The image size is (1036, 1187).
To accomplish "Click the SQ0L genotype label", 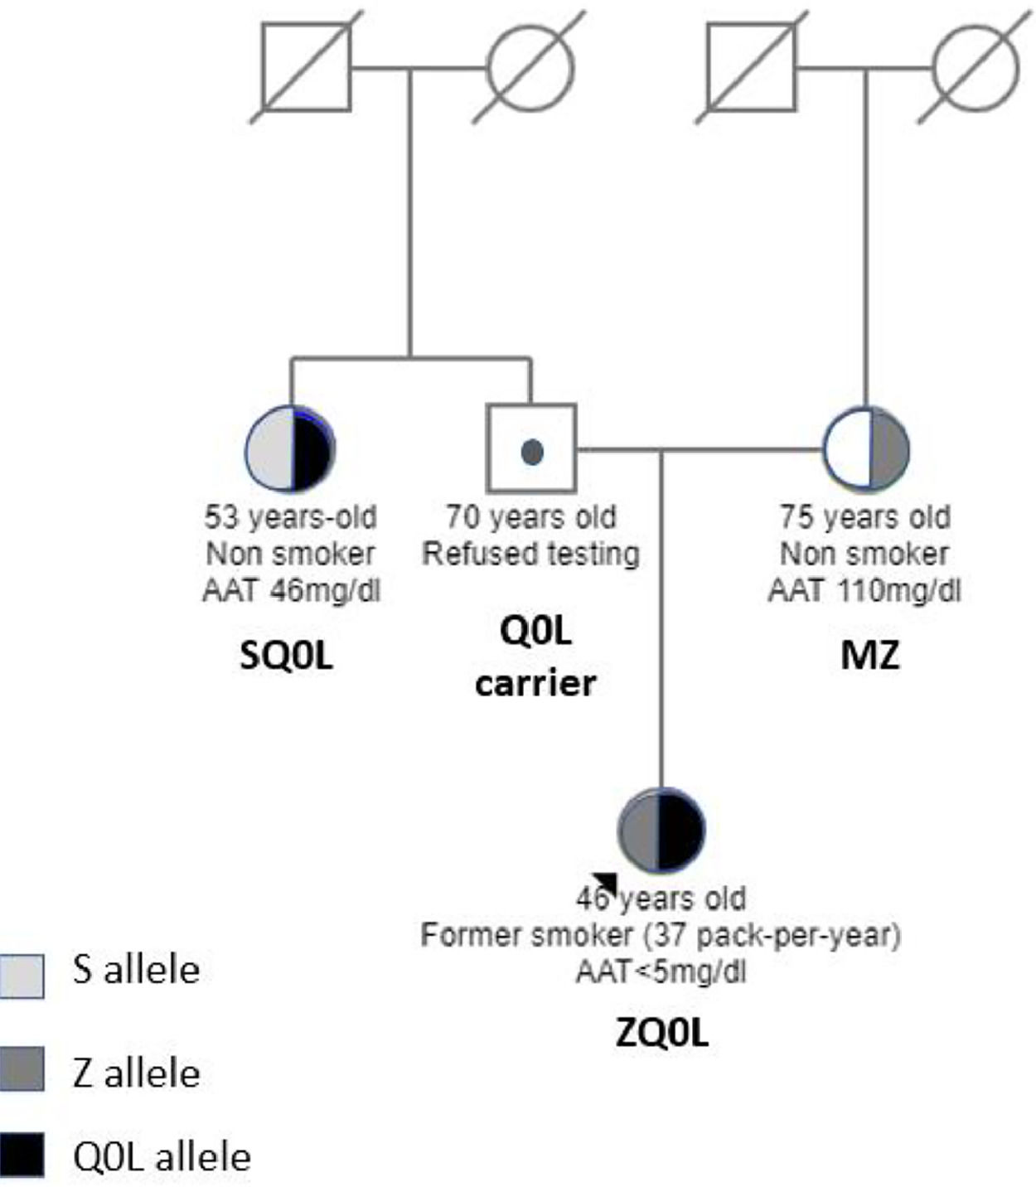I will (287, 656).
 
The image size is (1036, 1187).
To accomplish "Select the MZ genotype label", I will (869, 655).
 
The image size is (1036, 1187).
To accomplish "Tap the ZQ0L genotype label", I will (662, 1033).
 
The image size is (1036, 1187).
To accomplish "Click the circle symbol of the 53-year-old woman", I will (291, 448).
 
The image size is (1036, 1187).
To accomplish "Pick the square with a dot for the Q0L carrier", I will (531, 448).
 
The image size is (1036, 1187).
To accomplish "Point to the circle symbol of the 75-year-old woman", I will (866, 448).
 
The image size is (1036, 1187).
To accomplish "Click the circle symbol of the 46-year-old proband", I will (661, 830).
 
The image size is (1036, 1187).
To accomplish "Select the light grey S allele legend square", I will (22, 975).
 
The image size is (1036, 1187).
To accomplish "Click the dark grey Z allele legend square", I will (22, 1068).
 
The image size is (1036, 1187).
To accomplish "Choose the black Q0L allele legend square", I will (22, 1156).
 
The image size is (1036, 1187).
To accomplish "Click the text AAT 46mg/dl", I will (291, 590).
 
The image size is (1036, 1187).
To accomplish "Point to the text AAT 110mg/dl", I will (864, 590).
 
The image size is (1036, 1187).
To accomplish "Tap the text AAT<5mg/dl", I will (661, 971).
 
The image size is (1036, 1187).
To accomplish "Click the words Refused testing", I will (531, 553).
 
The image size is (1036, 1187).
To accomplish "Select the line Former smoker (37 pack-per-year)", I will (661, 935).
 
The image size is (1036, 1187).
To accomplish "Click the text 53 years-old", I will (291, 517).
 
